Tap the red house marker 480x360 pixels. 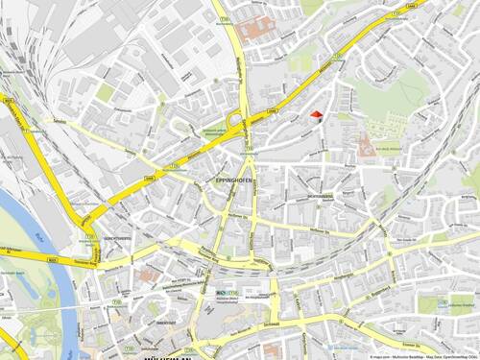coord(318,115)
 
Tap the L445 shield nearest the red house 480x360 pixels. coord(273,113)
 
